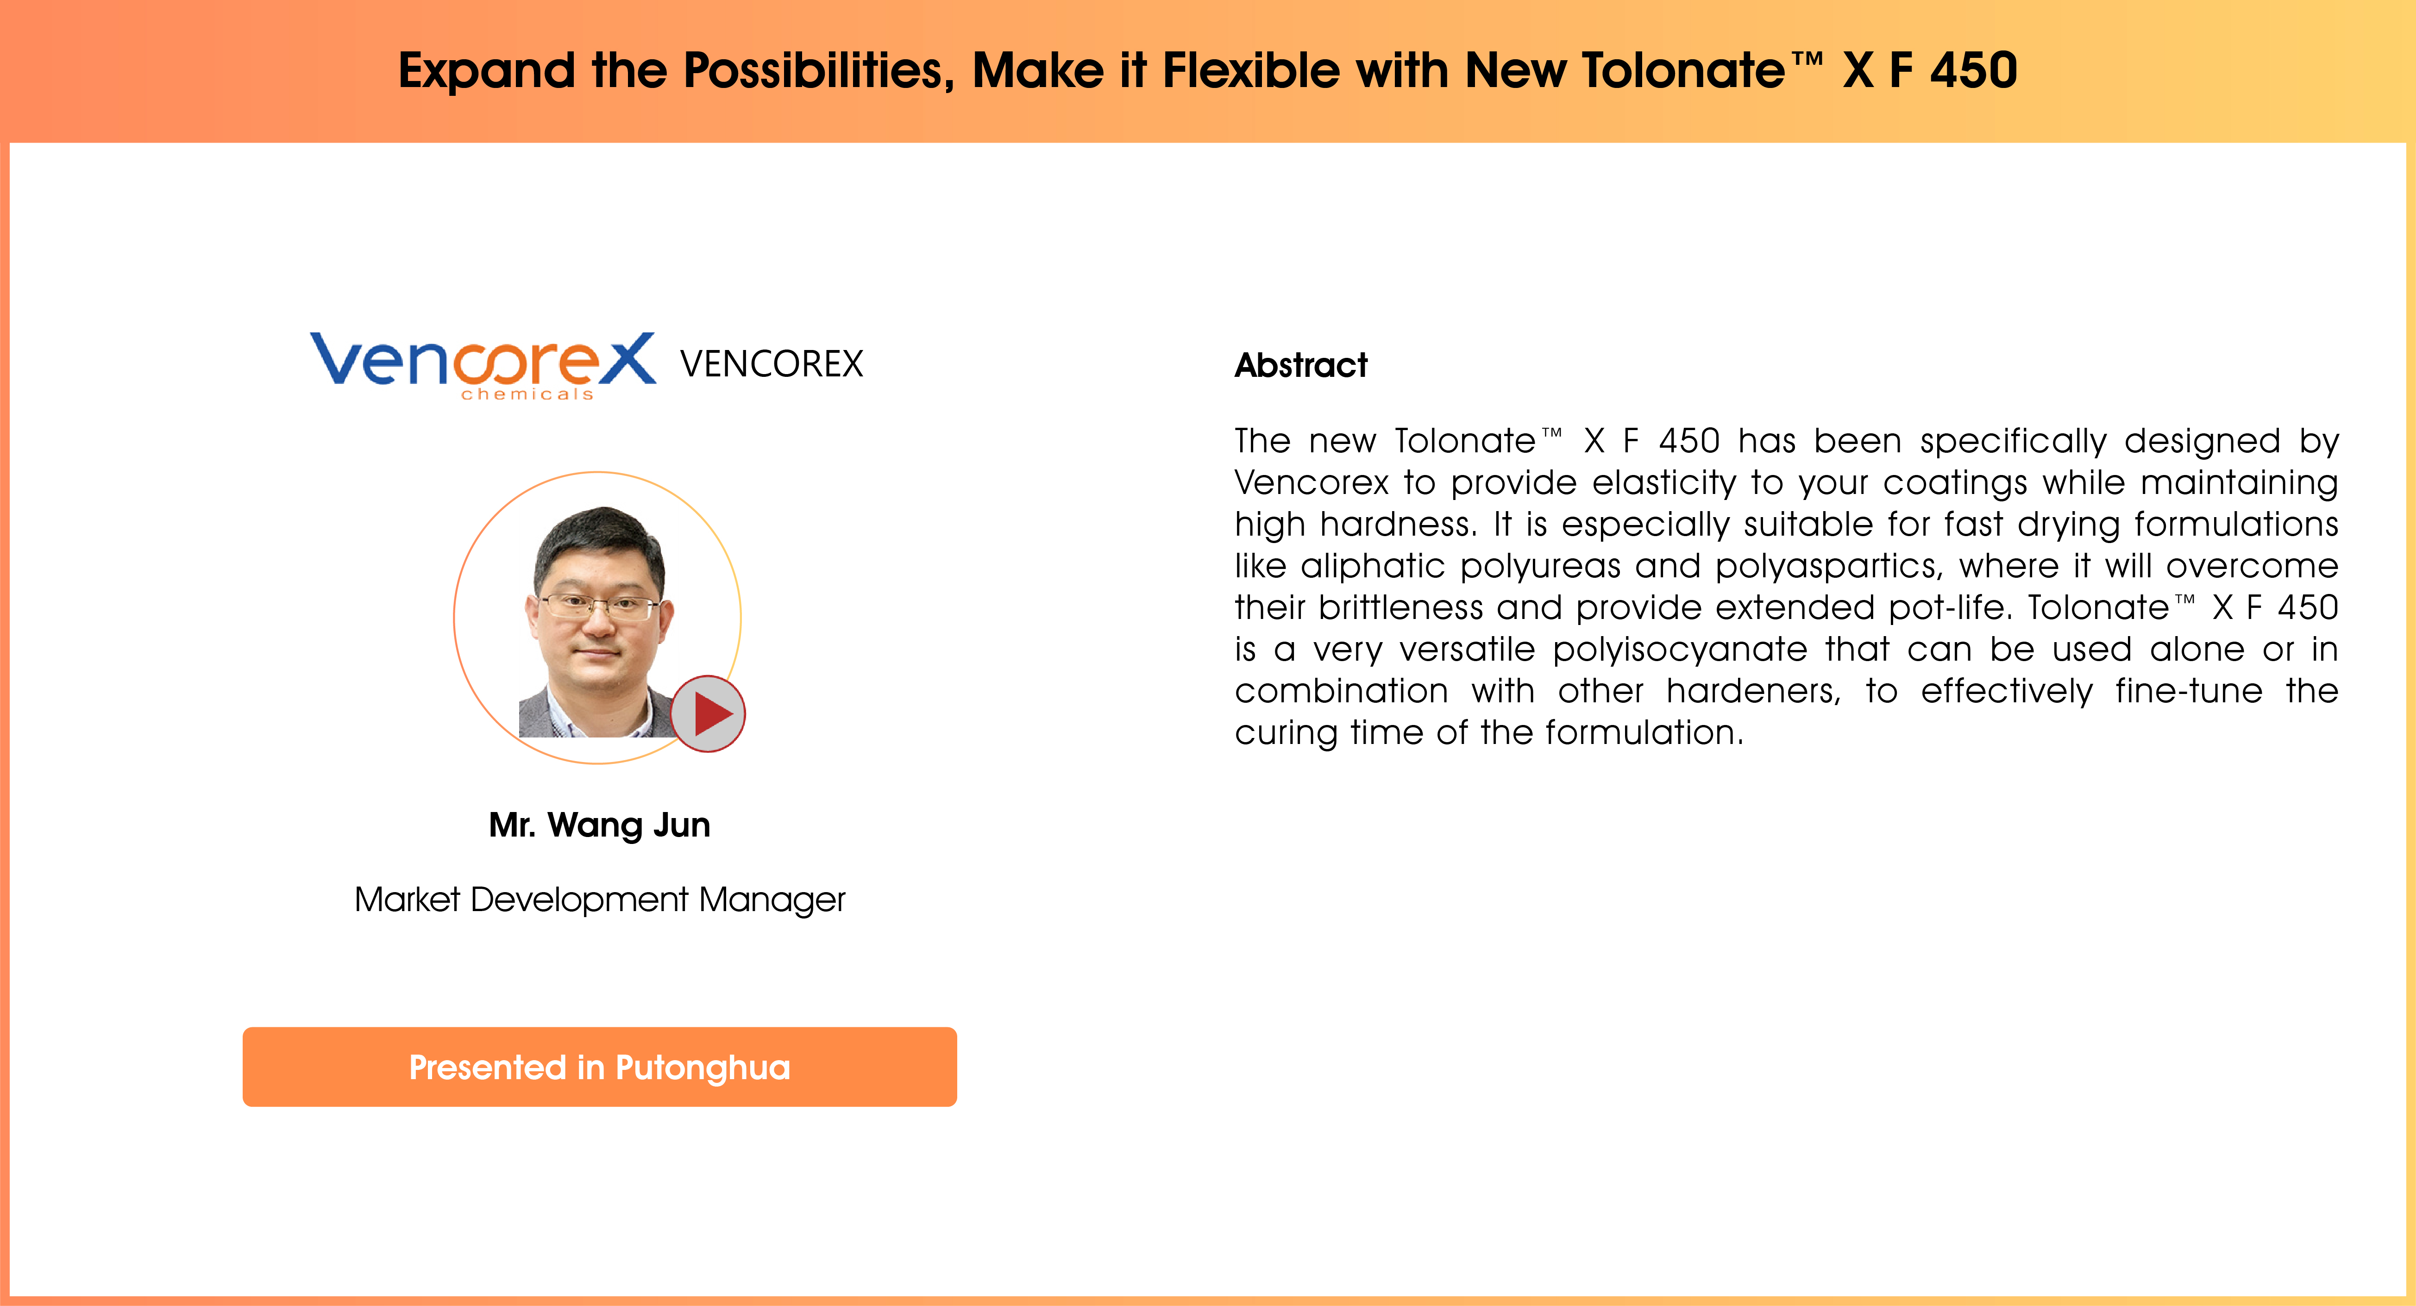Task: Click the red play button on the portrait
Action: pos(708,713)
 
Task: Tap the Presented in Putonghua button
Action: pos(599,1067)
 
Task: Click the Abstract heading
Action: pos(1301,365)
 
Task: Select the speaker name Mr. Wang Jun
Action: pos(599,825)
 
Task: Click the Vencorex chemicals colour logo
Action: pos(483,365)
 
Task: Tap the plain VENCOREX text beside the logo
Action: pos(771,364)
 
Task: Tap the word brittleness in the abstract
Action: pos(1401,607)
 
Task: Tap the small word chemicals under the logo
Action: pos(527,395)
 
